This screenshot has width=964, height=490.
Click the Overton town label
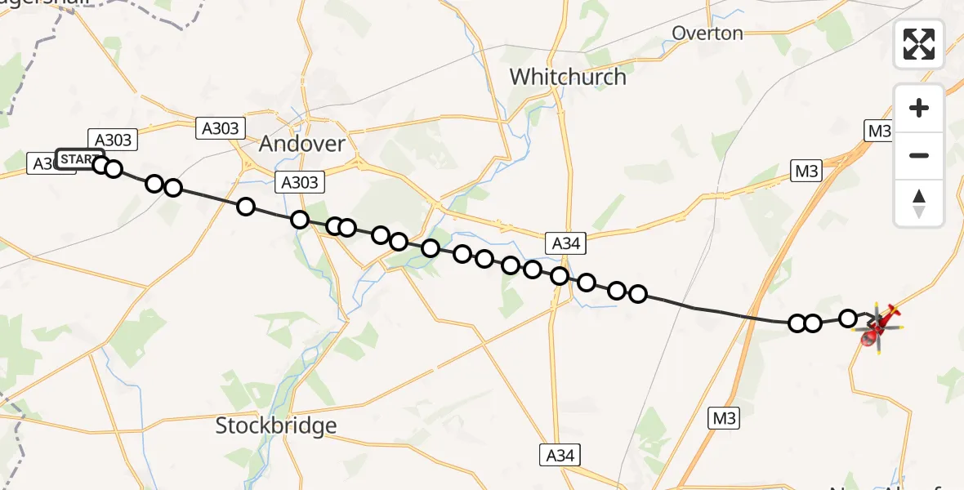click(x=707, y=33)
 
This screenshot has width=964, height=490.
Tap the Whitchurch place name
click(x=568, y=77)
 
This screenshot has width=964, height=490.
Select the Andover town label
click(x=301, y=144)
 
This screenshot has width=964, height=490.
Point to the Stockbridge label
click(x=276, y=425)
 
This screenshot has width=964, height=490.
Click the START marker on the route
click(x=78, y=158)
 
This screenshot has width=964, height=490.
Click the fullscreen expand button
click(x=919, y=44)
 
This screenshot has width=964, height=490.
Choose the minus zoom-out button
click(x=919, y=155)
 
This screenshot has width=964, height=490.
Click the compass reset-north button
click(x=919, y=203)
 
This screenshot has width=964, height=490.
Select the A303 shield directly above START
click(x=114, y=140)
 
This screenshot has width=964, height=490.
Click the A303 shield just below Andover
click(x=300, y=181)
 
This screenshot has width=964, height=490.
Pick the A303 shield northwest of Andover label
click(x=220, y=128)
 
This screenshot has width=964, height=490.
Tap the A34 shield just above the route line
click(x=566, y=243)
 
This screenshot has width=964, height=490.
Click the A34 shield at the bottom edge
click(x=560, y=456)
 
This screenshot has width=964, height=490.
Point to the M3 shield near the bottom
click(x=724, y=419)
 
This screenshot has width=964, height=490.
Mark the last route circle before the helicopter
click(x=848, y=318)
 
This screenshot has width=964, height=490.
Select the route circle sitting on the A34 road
click(x=560, y=276)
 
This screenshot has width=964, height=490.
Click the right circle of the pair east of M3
click(x=813, y=323)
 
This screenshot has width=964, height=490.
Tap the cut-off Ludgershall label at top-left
click(x=25, y=6)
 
